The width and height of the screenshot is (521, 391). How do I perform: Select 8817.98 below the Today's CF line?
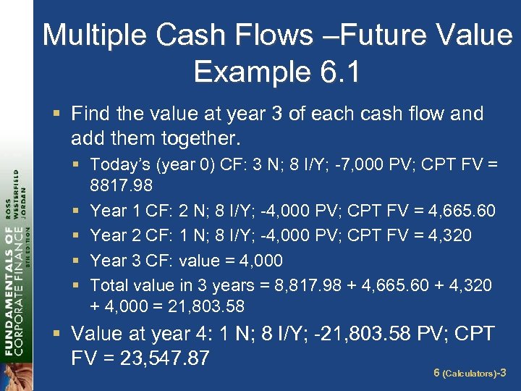pyautogui.click(x=122, y=186)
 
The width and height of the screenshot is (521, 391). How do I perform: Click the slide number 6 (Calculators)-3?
pyautogui.click(x=470, y=374)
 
